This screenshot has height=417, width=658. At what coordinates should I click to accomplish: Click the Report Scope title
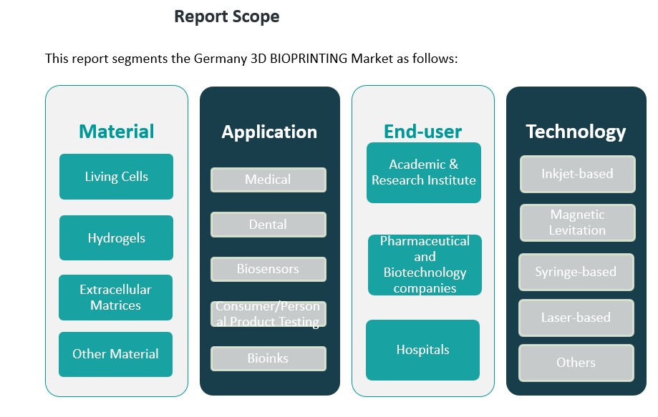226,16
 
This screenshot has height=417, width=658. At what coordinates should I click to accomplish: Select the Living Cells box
116,177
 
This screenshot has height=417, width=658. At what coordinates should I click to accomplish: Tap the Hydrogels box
116,238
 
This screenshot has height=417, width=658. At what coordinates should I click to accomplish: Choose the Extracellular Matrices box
115,298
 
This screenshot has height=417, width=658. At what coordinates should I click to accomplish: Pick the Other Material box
115,354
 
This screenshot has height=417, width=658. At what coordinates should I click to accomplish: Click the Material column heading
116,132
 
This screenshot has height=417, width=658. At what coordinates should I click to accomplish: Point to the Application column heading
269,132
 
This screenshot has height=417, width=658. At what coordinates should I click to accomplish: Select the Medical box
268,180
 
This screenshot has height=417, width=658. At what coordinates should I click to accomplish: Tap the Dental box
268,225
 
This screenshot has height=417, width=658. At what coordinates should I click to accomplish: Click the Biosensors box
268,270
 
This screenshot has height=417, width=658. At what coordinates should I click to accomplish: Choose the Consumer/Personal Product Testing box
268,314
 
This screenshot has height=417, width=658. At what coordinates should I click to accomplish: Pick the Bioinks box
268,358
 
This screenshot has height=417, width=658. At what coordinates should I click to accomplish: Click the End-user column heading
422,132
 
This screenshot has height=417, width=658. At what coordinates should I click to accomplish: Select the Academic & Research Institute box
424,172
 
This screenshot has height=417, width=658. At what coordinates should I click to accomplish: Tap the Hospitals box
422,350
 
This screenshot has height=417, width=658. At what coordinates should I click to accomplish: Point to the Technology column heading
576,132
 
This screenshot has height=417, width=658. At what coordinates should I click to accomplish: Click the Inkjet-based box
577,174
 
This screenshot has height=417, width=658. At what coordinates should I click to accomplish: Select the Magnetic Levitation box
577,222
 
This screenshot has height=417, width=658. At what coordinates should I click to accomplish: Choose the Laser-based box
576,318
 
